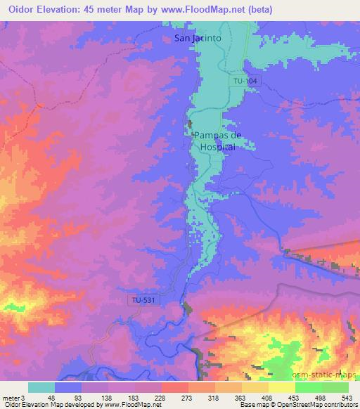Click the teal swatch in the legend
(x=41, y=387)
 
